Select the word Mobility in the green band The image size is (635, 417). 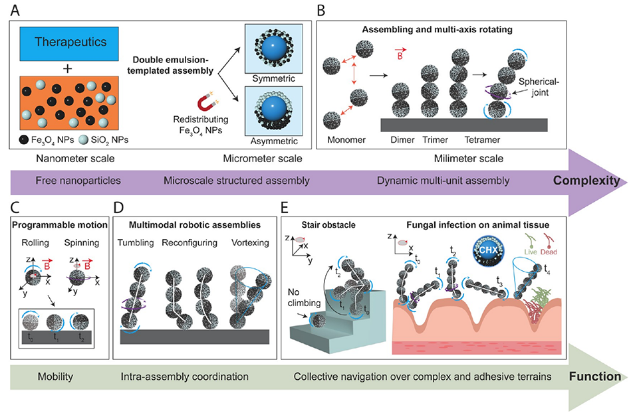41,377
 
